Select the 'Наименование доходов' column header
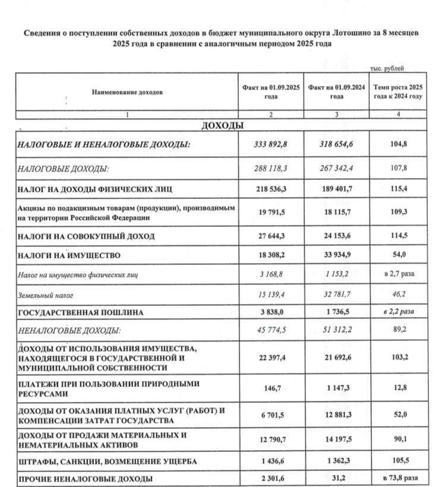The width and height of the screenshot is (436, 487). coord(127,92)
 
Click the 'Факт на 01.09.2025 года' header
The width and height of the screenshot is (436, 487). coord(271,92)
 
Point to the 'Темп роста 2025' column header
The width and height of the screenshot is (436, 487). coord(398,88)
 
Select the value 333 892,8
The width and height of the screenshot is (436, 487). coord(271,144)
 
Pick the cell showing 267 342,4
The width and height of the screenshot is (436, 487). coord(336,169)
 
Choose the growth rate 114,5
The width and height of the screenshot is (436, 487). coord(398,236)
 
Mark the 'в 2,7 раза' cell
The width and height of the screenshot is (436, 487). coord(398,275)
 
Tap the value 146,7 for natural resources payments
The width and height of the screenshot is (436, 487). coord(271,389)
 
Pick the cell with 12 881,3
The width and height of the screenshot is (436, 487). coord(336,415)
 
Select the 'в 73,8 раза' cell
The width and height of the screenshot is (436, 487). coord(398,477)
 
